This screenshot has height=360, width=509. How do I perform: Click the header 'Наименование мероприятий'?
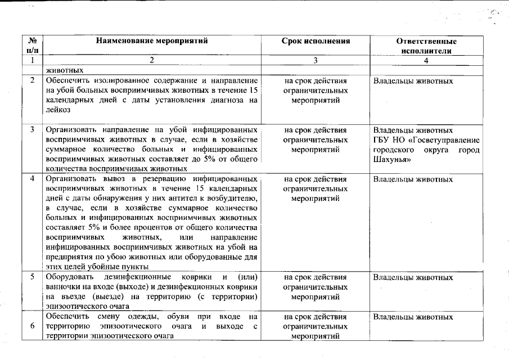tap(152, 41)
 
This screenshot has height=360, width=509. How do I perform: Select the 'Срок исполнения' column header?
tap(316, 41)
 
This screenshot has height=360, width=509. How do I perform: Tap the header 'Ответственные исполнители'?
tap(426, 46)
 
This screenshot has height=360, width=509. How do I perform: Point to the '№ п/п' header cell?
tap(33, 46)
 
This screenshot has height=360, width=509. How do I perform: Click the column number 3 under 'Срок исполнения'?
tap(316, 60)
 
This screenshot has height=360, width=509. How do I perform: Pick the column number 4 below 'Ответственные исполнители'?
tap(426, 60)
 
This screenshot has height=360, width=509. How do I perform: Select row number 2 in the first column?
tap(33, 81)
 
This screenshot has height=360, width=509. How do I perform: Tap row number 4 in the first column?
tap(33, 179)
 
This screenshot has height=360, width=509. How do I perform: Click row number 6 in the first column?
tap(33, 326)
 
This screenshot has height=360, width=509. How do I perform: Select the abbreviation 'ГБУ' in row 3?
tap(382, 139)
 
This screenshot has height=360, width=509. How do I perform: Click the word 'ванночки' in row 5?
tap(63, 287)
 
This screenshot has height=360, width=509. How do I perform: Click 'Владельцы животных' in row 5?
tap(413, 277)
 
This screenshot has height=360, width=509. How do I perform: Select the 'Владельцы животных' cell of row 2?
tap(413, 81)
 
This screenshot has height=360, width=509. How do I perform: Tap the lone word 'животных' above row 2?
tap(65, 71)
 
